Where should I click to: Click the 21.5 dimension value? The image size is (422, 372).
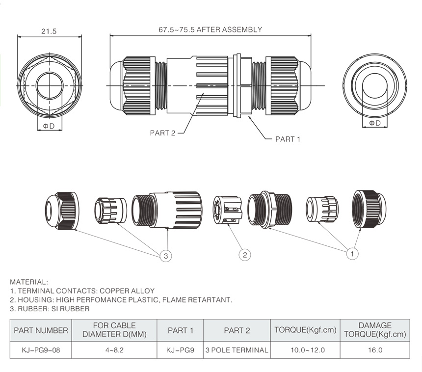coord(49,31)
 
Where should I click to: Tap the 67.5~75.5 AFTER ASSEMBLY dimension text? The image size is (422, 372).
coord(210,29)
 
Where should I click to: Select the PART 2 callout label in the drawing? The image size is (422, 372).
coord(162,133)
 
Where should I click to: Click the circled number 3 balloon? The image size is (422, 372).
coord(166,255)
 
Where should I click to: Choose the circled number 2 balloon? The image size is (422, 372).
coord(245,255)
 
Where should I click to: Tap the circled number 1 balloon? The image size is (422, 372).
coord(352,254)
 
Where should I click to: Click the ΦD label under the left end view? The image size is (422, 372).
coord(49,127)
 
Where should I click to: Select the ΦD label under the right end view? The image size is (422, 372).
coord(374,123)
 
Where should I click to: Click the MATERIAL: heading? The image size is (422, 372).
coord(29,282)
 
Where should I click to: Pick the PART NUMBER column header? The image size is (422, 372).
coord(41,330)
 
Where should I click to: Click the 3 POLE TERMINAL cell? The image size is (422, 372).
coord(237,350)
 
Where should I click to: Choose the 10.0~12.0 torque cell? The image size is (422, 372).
coord(305,350)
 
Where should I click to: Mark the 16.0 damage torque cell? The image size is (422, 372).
coord(375,350)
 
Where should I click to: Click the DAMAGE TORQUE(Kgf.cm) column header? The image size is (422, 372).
coord(375,330)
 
